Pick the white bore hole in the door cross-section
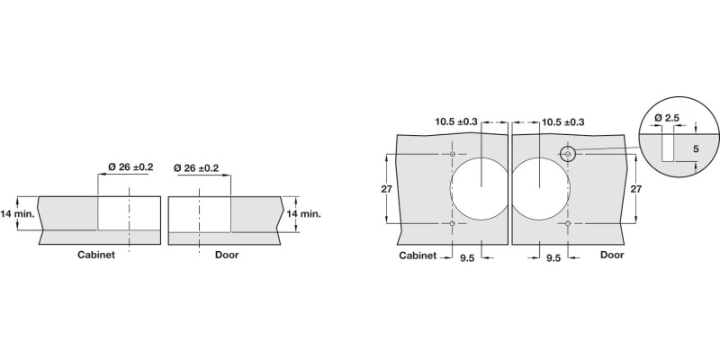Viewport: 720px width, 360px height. point(199,213)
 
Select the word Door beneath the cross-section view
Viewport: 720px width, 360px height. point(226,255)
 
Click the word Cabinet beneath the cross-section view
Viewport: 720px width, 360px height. point(95,255)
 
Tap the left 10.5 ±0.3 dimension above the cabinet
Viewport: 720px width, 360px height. point(456,121)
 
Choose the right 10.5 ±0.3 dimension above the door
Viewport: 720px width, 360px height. point(562,121)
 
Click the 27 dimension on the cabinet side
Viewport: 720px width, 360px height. point(386,189)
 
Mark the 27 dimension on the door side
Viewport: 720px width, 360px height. point(636,189)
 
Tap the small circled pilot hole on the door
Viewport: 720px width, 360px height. point(567,155)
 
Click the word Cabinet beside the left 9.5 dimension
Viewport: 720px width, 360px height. point(418,256)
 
